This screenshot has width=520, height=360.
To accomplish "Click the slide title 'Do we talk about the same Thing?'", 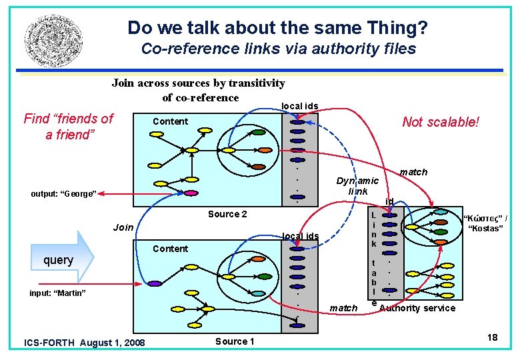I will tap(277, 28).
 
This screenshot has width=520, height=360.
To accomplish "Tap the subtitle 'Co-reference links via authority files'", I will tap(279, 49).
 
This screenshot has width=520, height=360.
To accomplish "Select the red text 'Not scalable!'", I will tap(441, 122).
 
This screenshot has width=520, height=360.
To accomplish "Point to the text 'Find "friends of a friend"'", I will tap(68, 127).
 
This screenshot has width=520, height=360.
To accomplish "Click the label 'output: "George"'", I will tap(64, 194).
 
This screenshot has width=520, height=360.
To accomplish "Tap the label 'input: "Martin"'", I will tap(58, 293).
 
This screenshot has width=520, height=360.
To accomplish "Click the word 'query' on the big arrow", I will tap(58, 260).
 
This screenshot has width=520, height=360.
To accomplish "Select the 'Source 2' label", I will tap(227, 214).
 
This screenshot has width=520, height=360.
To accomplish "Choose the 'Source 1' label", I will tap(235, 341).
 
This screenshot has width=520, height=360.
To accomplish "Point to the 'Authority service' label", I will tap(417, 308).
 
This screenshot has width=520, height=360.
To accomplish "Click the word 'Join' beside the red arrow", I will tap(123, 227).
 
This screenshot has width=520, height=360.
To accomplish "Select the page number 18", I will tap(492, 337).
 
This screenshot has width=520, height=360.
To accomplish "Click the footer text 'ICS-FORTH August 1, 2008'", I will tap(84, 343).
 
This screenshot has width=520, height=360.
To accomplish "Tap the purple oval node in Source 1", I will tap(155, 284).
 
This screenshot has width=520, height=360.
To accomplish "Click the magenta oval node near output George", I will tap(191, 193).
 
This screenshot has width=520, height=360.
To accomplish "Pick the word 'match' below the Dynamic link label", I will tap(343, 308).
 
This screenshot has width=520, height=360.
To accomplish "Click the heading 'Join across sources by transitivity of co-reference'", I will tap(199, 90).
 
